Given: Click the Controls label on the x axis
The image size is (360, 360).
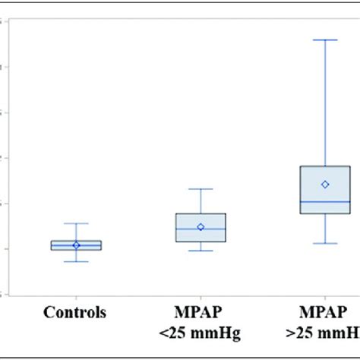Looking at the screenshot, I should (x=75, y=312).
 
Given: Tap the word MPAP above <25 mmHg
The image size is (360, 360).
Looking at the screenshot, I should (x=201, y=312).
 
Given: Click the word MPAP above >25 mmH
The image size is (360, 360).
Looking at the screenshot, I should (x=325, y=312).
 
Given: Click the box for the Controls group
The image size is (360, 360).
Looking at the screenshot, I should (x=76, y=245).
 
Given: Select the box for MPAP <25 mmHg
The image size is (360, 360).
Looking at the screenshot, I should (x=201, y=228).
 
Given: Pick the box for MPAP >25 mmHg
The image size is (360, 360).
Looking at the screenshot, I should (x=325, y=190).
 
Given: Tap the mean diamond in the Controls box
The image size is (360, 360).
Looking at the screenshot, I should (x=76, y=245).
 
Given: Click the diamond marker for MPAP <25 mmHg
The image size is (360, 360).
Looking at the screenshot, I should (x=201, y=226).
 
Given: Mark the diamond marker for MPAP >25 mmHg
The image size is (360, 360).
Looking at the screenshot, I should (x=325, y=184).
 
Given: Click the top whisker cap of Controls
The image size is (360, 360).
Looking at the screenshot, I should (x=76, y=223).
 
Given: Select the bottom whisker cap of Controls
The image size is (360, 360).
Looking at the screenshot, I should (x=76, y=261).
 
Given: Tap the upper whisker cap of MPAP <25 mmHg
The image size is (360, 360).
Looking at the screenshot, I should (x=201, y=188).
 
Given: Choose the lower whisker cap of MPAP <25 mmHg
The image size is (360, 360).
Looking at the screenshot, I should (x=201, y=250).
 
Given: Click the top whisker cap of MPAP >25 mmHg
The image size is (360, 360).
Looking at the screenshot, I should (x=325, y=39).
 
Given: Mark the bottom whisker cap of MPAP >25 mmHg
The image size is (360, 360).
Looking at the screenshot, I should (x=325, y=243).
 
